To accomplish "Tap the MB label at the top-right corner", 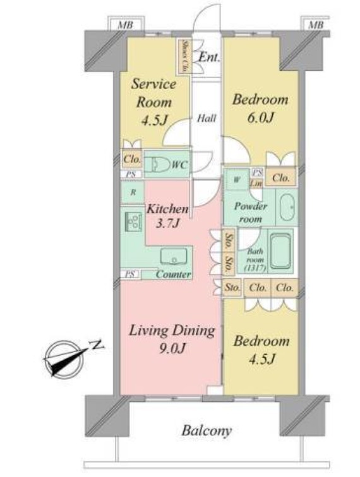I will tap(315, 25).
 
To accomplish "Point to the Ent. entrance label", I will tap(209, 57).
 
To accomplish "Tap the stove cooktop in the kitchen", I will tap(134, 221).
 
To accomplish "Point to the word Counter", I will tap(173, 275).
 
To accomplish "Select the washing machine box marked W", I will tap(236, 179).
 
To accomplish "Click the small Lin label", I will tap(257, 183).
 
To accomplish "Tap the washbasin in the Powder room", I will tap(286, 207).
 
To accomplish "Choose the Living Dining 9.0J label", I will tap(172, 340).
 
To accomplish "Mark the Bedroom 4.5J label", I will tap(261, 351).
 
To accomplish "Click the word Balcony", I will tap(207, 431).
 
